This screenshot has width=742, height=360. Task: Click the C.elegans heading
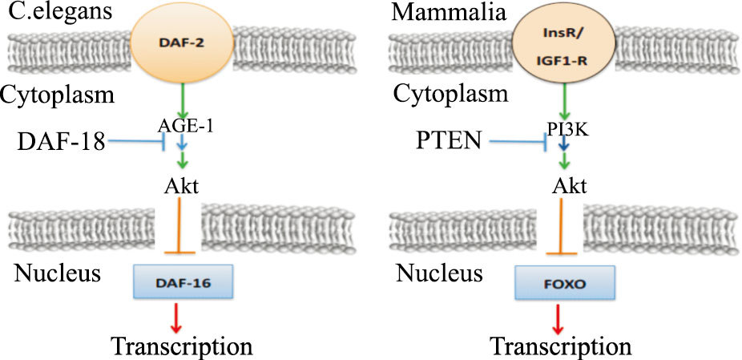point(56,13)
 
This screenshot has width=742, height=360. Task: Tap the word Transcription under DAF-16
point(182,346)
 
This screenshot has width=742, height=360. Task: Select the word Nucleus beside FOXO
point(440,274)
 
